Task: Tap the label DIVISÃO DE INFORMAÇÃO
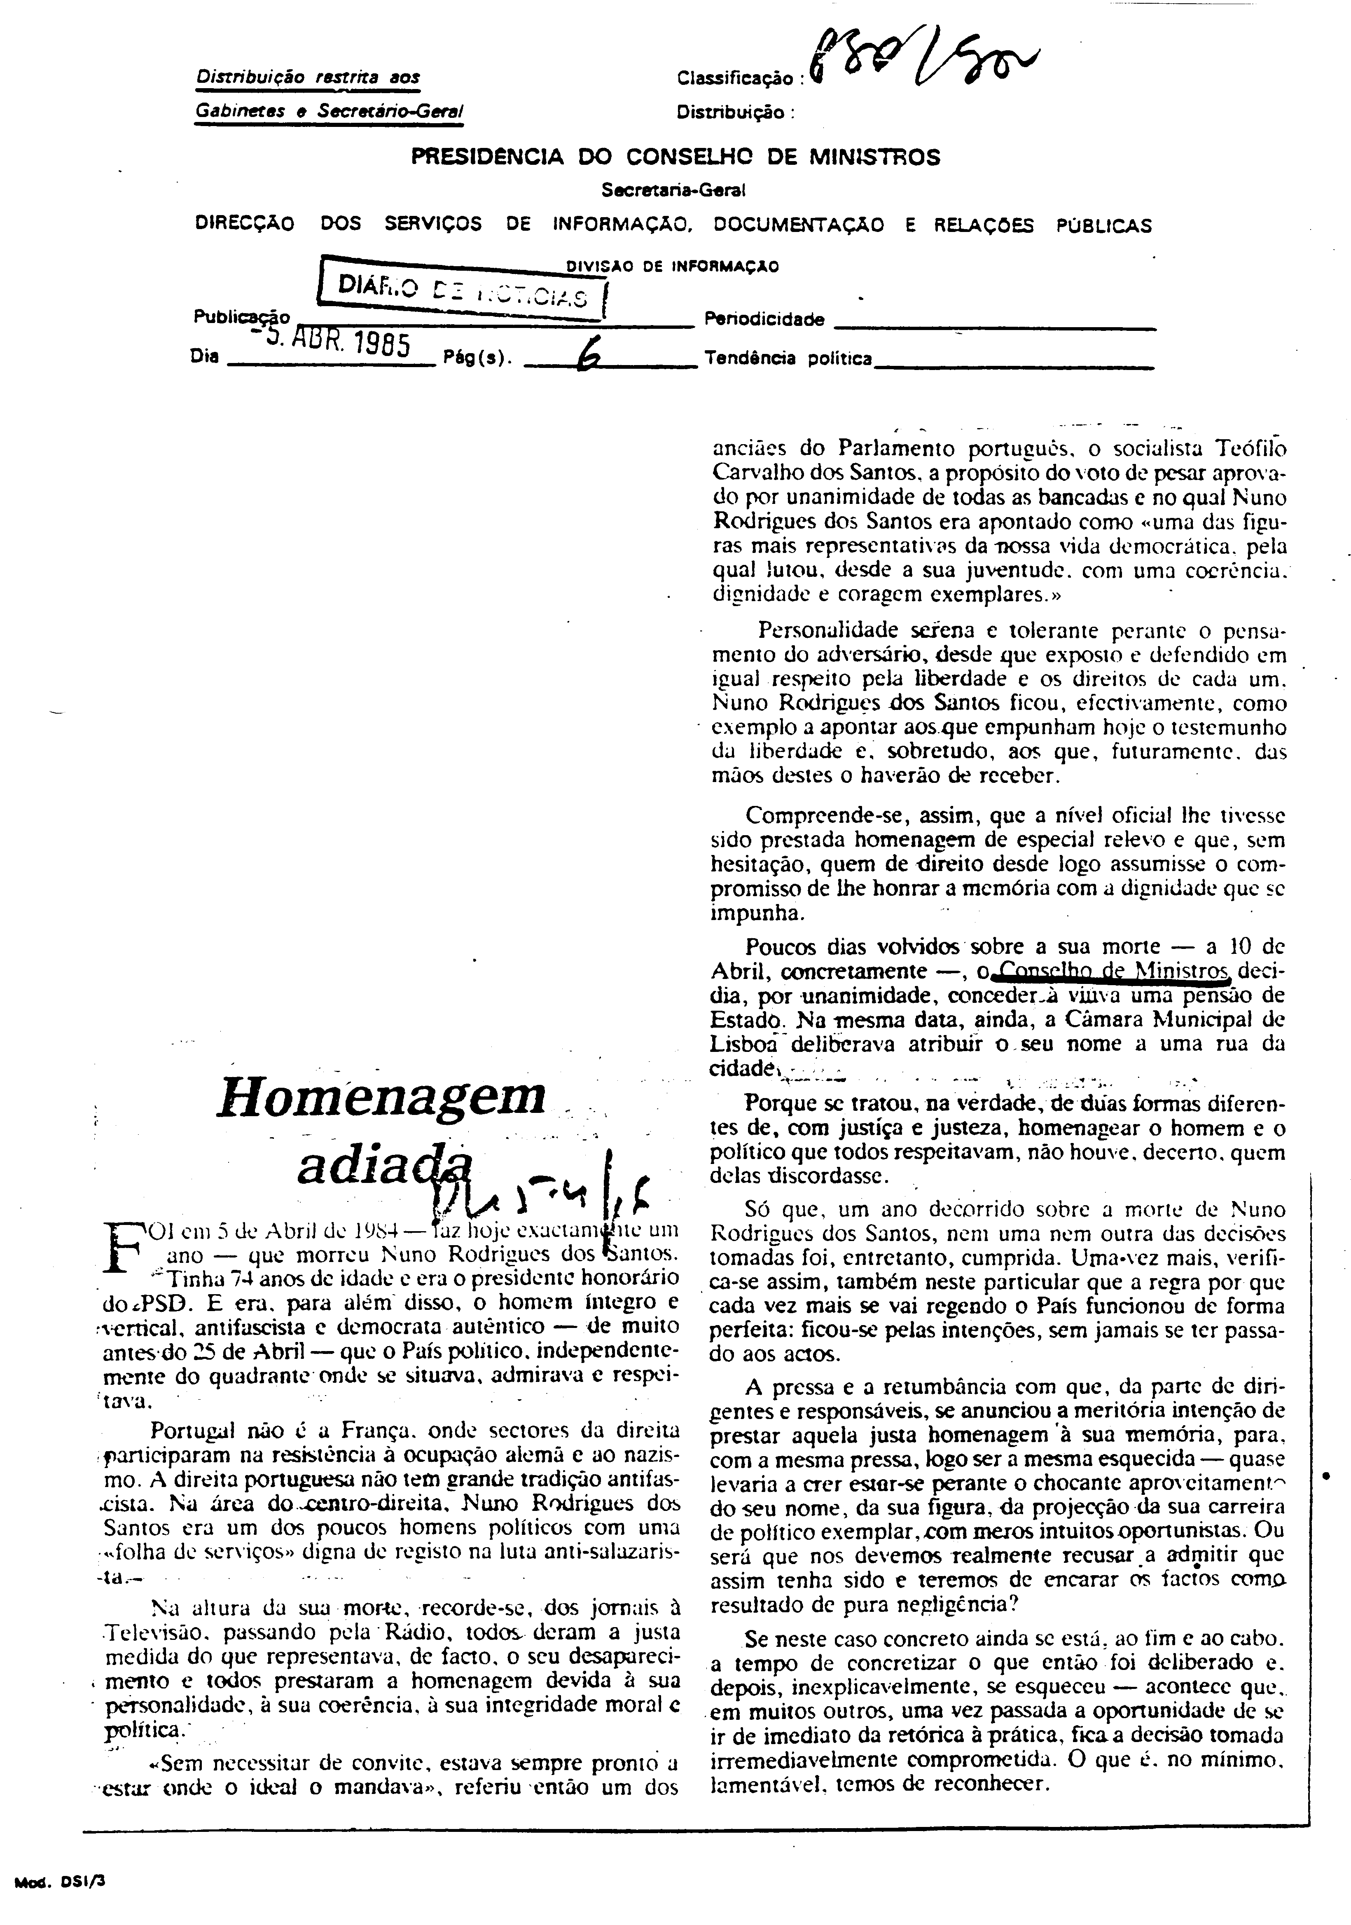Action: point(672,267)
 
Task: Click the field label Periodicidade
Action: point(764,319)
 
